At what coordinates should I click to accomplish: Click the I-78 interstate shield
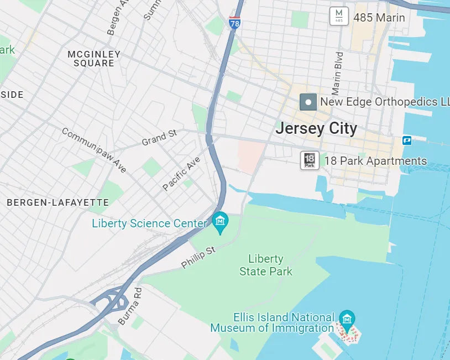(x=234, y=24)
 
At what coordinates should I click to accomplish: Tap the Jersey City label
(x=316, y=129)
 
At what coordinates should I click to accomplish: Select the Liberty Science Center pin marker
(x=221, y=222)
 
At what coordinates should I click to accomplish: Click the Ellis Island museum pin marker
(x=347, y=319)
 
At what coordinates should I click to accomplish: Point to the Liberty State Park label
(x=266, y=265)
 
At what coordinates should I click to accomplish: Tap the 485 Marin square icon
(x=339, y=16)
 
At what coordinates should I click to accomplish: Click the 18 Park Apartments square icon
(x=310, y=160)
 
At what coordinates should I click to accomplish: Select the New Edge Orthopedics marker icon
(x=308, y=102)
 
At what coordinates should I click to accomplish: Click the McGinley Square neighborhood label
(x=94, y=59)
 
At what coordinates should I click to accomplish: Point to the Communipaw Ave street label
(x=93, y=150)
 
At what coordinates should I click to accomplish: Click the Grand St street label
(x=159, y=137)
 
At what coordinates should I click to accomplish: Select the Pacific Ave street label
(x=182, y=173)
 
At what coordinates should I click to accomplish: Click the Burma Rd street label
(x=130, y=305)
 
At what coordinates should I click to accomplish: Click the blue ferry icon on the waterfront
(x=407, y=140)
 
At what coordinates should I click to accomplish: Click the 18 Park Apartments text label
(x=375, y=161)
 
